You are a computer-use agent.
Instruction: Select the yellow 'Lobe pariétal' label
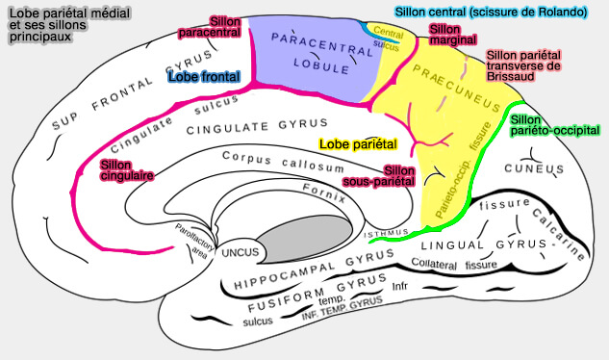coord(357,144)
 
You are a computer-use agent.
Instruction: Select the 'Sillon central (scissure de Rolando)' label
coord(490,13)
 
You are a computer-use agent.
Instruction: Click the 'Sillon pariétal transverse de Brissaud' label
coord(523,66)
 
